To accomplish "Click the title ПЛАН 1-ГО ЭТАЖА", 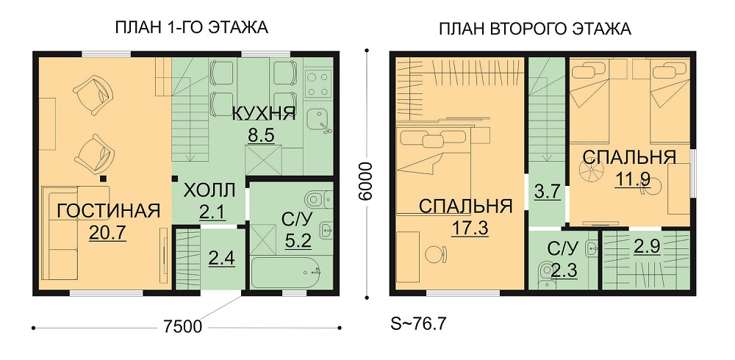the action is click(x=191, y=27).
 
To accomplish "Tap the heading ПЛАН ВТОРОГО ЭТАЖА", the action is click(x=535, y=29).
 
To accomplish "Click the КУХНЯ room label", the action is click(x=264, y=114).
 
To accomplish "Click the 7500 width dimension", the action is click(x=183, y=325).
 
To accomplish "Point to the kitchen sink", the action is click(x=319, y=120).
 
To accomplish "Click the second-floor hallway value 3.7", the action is click(x=548, y=192).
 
